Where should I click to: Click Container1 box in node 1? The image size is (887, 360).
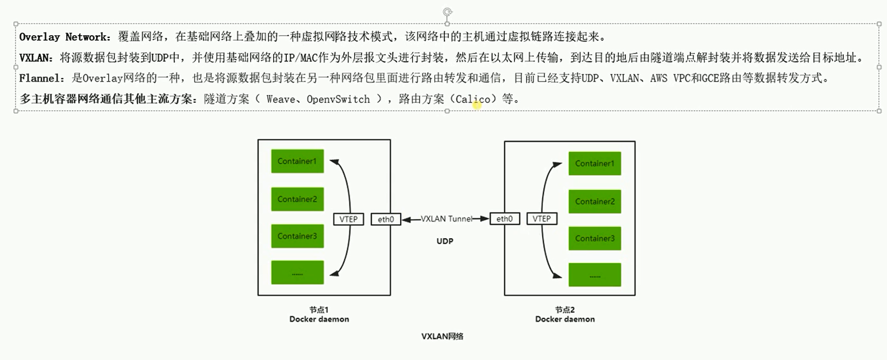pyautogui.click(x=297, y=161)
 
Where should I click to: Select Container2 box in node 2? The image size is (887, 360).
pyautogui.click(x=595, y=201)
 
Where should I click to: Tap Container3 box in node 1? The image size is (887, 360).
pyautogui.click(x=297, y=236)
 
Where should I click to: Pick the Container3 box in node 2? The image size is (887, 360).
pyautogui.click(x=595, y=238)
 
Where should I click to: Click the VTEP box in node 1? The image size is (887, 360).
pyautogui.click(x=349, y=219)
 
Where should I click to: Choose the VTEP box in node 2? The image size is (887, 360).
pyautogui.click(x=542, y=219)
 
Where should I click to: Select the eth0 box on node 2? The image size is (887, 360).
pyautogui.click(x=504, y=219)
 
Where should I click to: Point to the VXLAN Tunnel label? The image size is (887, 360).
pyautogui.click(x=447, y=219)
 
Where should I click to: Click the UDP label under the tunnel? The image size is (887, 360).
pyautogui.click(x=444, y=242)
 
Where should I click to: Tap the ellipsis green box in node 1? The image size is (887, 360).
pyautogui.click(x=297, y=273)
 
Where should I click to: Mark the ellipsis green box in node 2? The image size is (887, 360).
pyautogui.click(x=595, y=275)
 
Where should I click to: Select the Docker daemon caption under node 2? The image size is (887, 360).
pyautogui.click(x=565, y=319)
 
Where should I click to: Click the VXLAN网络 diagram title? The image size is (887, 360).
pyautogui.click(x=442, y=336)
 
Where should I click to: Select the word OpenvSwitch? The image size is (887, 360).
pyautogui.click(x=339, y=99)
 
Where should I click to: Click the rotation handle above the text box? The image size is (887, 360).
pyautogui.click(x=447, y=12)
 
